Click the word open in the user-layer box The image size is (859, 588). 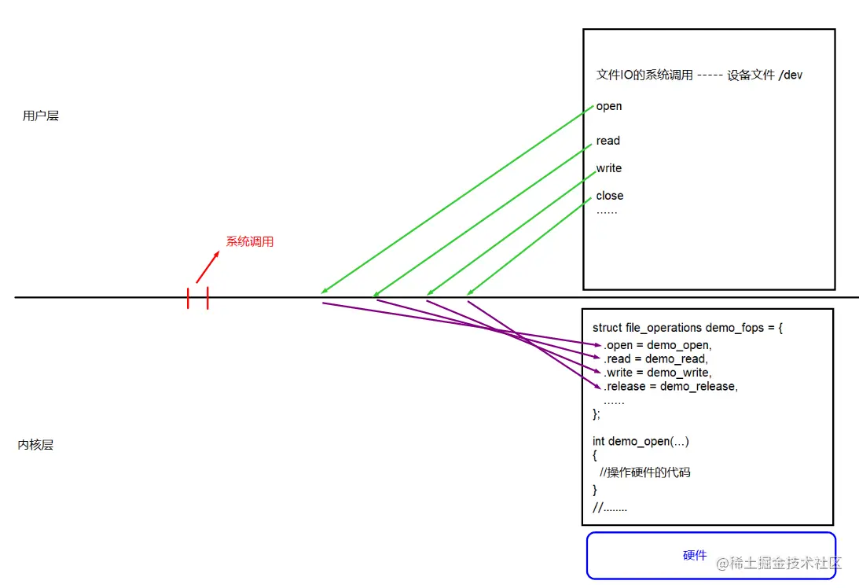pyautogui.click(x=609, y=106)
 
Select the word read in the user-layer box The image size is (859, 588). pyautogui.click(x=608, y=141)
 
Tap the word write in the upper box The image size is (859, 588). pyautogui.click(x=609, y=168)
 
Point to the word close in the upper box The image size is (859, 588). pyautogui.click(x=610, y=196)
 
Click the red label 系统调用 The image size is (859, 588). pyautogui.click(x=250, y=241)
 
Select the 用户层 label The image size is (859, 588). pyautogui.click(x=41, y=116)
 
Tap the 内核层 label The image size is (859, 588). pyautogui.click(x=36, y=445)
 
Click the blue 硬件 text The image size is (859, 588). pyautogui.click(x=695, y=556)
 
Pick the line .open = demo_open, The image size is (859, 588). pyautogui.click(x=657, y=345)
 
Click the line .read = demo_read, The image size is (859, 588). pyautogui.click(x=655, y=358)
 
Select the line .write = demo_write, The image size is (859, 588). pyautogui.click(x=657, y=372)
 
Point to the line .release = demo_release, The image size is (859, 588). pyautogui.click(x=670, y=386)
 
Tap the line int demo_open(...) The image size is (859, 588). pyautogui.click(x=641, y=441)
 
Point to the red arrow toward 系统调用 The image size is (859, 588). pyautogui.click(x=207, y=267)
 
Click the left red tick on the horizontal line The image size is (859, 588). pyautogui.click(x=189, y=298)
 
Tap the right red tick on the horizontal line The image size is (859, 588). pyautogui.click(x=207, y=298)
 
